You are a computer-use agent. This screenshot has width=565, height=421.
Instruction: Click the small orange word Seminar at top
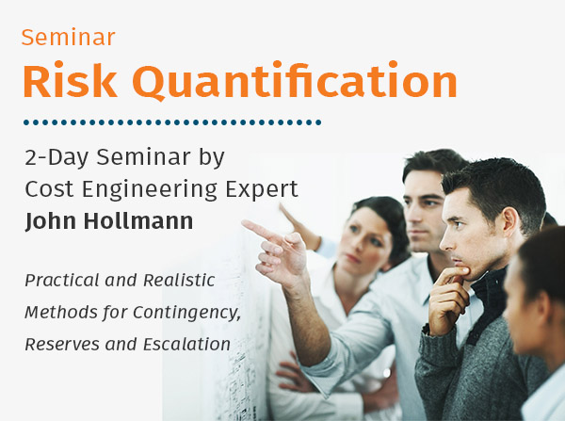pyautogui.click(x=69, y=37)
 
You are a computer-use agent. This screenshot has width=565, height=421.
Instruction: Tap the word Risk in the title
pyautogui.click(x=71, y=80)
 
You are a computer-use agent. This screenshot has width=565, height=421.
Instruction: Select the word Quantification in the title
pyautogui.click(x=295, y=81)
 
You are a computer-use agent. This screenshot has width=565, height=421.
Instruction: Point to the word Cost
pyautogui.click(x=49, y=188)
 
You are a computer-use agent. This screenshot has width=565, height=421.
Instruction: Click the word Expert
pyautogui.click(x=262, y=189)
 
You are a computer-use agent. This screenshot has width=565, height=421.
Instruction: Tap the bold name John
pyautogui.click(x=51, y=221)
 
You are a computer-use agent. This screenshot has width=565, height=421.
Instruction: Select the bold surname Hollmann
pyautogui.click(x=138, y=220)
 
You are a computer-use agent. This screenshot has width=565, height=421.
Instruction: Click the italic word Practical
pyautogui.click(x=61, y=280)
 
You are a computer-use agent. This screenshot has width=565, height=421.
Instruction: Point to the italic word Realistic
pyautogui.click(x=179, y=280)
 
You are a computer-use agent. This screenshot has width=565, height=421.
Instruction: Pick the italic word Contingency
pyautogui.click(x=187, y=313)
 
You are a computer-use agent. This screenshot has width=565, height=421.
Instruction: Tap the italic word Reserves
pyautogui.click(x=62, y=344)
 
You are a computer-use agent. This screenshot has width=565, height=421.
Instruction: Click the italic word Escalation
pyautogui.click(x=186, y=344)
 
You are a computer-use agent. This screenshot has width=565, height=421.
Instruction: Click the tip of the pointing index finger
pyautogui.click(x=244, y=223)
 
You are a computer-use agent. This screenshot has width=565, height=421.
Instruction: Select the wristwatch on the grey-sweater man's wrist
pyautogui.click(x=427, y=329)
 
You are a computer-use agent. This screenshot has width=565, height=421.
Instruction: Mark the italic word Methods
pyautogui.click(x=61, y=312)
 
